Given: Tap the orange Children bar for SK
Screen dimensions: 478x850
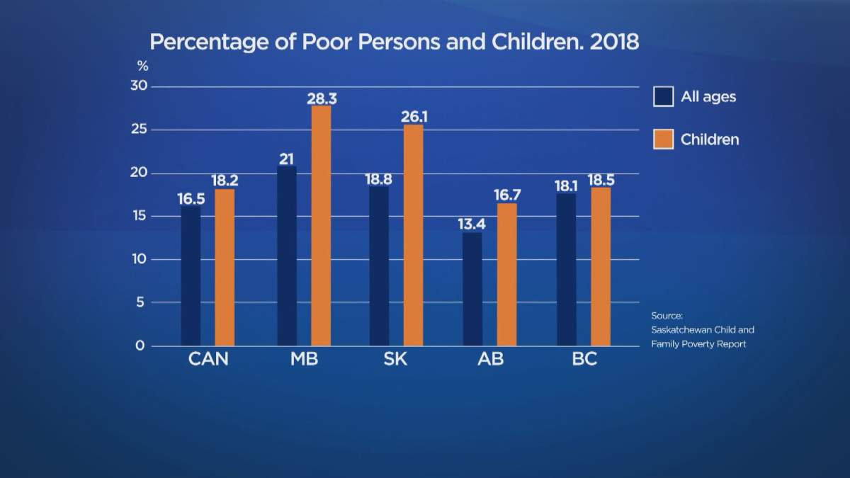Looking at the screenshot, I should (x=414, y=235).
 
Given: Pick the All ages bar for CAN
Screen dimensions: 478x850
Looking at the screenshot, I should (x=191, y=276).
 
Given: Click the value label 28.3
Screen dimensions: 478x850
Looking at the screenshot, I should (x=322, y=98).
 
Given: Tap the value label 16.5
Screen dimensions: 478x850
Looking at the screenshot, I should (x=191, y=199).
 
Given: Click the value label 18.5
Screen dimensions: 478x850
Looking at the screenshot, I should (x=601, y=180).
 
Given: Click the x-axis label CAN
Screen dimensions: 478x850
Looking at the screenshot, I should (x=208, y=359).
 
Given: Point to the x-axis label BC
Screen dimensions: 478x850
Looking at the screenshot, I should (x=584, y=359).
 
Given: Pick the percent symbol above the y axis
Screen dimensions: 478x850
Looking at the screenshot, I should (x=142, y=67).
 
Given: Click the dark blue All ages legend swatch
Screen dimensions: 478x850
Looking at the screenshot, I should (x=663, y=96).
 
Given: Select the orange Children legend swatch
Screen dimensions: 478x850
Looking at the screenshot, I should (x=663, y=139).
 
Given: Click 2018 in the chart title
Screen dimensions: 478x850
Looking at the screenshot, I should (x=612, y=42).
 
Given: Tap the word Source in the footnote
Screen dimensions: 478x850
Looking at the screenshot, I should (x=666, y=316).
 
